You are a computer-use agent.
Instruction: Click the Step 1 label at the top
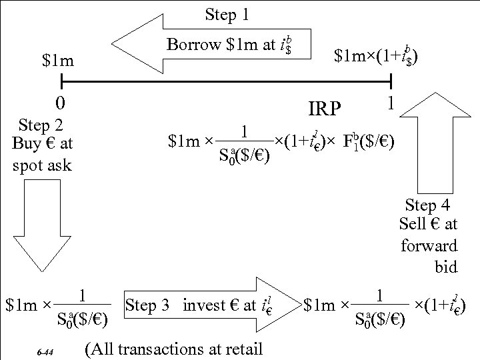pyautogui.click(x=227, y=13)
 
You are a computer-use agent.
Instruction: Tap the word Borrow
pyautogui.click(x=193, y=45)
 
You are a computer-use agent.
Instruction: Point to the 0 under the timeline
pyautogui.click(x=61, y=103)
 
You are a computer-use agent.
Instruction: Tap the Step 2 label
pyautogui.click(x=42, y=125)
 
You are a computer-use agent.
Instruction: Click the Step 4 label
pyautogui.click(x=431, y=206)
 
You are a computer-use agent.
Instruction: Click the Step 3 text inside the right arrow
pyautogui.click(x=150, y=306)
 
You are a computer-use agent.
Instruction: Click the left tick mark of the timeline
pyautogui.click(x=61, y=83)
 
